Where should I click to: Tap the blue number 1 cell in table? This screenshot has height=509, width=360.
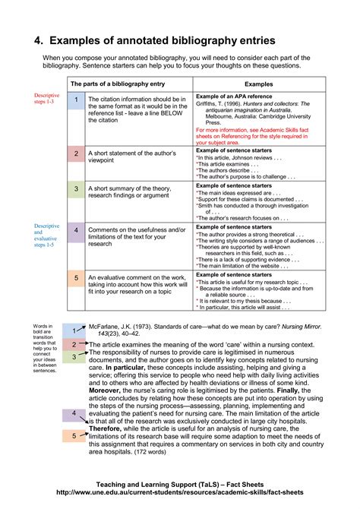coord(75,100)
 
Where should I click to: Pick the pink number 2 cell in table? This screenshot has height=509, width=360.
coord(75,153)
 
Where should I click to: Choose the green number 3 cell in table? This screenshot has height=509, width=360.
coord(75,188)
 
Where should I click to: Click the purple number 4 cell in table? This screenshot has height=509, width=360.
coord(75,229)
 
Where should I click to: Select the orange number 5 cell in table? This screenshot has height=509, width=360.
coord(75,279)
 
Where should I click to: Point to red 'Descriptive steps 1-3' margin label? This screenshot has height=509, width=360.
coord(46,99)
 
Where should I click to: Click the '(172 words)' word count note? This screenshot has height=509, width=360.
coord(151,452)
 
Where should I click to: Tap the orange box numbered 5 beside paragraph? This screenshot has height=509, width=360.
coord(74,436)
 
